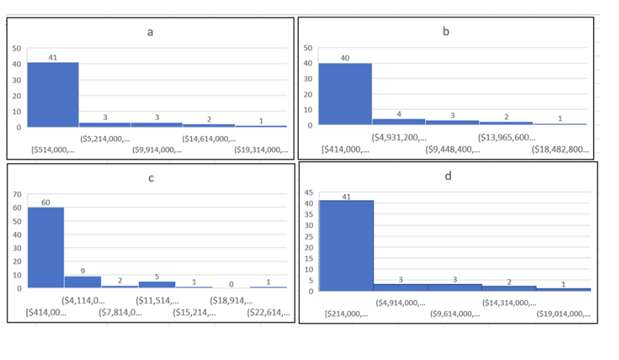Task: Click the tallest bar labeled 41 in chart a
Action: [x=53, y=94]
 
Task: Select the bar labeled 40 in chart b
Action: [x=345, y=94]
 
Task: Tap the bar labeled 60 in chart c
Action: [x=46, y=247]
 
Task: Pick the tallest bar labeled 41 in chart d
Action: [x=346, y=246]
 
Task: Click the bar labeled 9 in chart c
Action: [x=82, y=282]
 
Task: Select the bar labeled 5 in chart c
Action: [x=157, y=284]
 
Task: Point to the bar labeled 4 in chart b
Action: [x=398, y=121]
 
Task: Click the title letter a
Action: [x=150, y=33]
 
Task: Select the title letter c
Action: [x=150, y=179]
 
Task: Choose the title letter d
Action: [x=448, y=177]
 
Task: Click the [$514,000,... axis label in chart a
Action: [x=54, y=150]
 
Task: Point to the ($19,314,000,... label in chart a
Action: [x=261, y=150]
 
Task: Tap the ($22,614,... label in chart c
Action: [x=268, y=313]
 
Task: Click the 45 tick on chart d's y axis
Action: [x=308, y=192]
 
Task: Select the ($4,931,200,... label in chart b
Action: [x=398, y=137]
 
